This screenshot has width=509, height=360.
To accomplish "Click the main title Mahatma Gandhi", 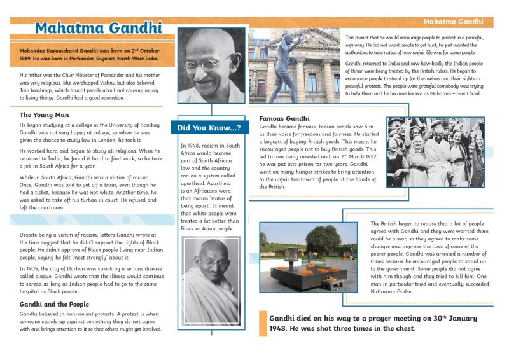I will (x=98, y=29).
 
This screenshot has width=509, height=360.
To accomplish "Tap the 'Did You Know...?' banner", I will (x=209, y=128).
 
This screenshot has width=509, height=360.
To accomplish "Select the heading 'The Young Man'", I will (x=43, y=115).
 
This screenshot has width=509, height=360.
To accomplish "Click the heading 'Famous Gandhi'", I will (x=284, y=119).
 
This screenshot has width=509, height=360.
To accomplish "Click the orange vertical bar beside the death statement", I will (x=262, y=323).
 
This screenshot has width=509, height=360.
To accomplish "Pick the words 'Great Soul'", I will (x=467, y=94).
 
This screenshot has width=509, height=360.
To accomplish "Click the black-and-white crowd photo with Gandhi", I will (x=435, y=152).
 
